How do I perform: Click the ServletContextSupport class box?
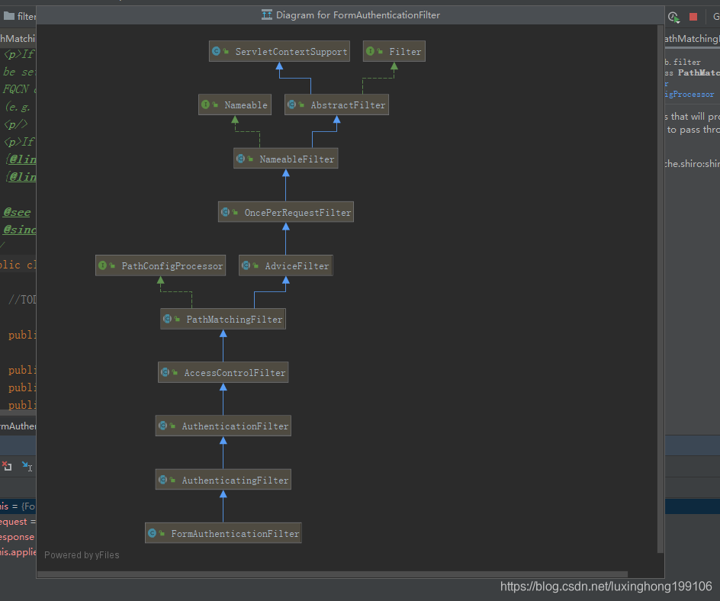point(279,52)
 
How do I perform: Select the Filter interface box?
point(394,52)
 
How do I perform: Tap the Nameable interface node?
point(235,105)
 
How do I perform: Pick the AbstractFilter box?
point(336,105)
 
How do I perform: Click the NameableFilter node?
point(285,159)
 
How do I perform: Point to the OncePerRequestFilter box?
point(286,213)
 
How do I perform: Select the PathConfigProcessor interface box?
point(160,266)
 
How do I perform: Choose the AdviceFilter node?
point(286,266)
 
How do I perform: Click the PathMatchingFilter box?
point(223,320)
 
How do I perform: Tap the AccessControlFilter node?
point(223,373)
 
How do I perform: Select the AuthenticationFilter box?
point(223,426)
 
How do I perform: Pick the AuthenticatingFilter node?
point(223,480)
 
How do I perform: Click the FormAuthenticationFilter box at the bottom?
point(223,534)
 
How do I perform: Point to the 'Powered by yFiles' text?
point(82,555)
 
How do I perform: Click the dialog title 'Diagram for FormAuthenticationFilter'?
point(358,15)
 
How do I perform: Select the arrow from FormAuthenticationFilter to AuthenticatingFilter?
point(223,506)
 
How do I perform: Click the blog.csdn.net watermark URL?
point(606,587)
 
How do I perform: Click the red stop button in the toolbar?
point(693,17)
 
